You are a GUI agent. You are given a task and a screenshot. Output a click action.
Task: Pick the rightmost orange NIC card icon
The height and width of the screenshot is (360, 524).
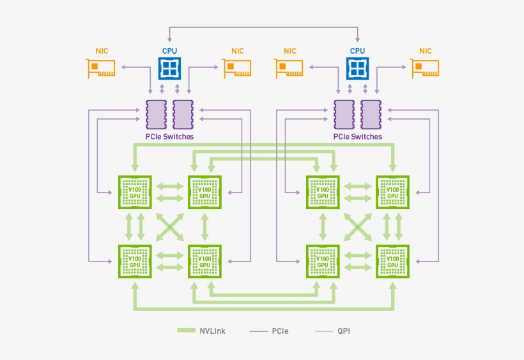(425, 68)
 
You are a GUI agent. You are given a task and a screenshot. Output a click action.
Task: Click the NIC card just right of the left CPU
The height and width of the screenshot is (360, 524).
(237, 68)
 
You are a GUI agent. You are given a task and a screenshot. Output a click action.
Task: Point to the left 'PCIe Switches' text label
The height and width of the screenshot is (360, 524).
(169, 137)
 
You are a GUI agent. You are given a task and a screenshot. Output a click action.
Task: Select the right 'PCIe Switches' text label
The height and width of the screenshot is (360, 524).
(357, 137)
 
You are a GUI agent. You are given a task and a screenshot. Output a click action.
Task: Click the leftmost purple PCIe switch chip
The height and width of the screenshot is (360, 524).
(155, 114)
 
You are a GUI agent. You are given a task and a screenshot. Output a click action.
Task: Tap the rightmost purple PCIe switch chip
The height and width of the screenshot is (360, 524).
(371, 114)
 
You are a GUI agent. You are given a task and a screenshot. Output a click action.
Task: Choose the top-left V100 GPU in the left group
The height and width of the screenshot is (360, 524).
(135, 192)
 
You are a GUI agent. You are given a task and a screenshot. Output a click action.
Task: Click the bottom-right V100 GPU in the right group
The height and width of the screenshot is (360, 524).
(392, 261)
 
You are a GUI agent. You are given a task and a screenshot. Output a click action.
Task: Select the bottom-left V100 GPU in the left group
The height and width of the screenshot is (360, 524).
(135, 261)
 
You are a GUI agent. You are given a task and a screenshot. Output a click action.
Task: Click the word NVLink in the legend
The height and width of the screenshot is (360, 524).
(212, 331)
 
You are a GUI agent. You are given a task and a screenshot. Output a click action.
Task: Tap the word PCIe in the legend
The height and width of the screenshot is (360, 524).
(280, 331)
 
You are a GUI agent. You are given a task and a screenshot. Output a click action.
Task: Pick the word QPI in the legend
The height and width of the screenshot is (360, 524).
(344, 331)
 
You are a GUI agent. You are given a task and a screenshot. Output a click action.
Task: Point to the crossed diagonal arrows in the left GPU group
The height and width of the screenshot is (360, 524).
(169, 226)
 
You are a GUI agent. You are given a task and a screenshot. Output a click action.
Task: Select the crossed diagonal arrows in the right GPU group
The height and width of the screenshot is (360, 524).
(357, 226)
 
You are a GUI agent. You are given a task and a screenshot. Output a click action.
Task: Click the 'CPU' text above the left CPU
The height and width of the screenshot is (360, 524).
(169, 51)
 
